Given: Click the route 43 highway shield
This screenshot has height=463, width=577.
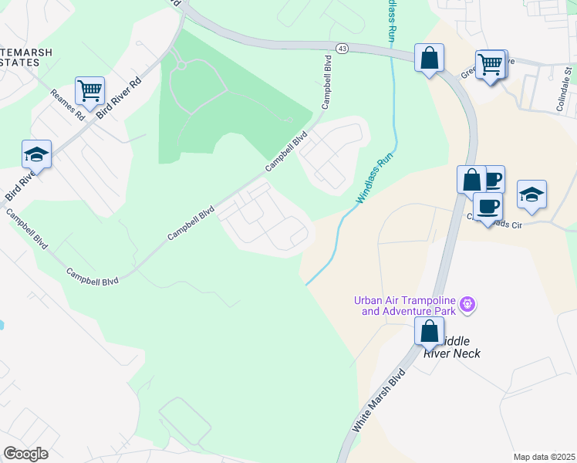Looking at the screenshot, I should coord(341,49).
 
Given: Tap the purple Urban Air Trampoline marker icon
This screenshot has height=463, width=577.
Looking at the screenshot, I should coord(467,306).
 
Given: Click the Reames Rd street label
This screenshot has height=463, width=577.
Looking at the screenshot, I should coord(67,105).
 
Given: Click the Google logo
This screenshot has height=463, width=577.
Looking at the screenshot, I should coord(25,454).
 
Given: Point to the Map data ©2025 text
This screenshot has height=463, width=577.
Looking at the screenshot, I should coord(544,457).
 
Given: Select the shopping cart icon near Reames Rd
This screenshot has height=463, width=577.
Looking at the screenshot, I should coord(89,91).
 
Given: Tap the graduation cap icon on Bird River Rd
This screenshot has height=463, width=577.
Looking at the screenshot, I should coord(36,154).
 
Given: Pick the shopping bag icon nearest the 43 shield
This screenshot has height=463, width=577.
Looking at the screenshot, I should coord(429,58).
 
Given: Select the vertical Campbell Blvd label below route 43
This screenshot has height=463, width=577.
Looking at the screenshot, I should coord(326,85).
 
